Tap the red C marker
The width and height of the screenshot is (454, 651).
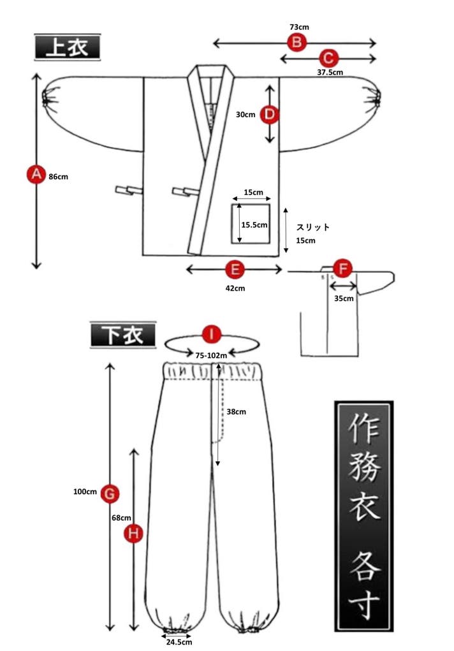[x=328, y=58]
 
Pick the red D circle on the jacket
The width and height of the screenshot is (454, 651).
[x=270, y=115]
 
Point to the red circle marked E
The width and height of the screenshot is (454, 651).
[x=235, y=270]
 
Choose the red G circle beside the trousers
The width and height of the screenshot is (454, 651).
[x=110, y=493]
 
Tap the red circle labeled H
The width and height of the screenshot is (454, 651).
[x=133, y=534]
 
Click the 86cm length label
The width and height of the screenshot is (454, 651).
[x=58, y=177]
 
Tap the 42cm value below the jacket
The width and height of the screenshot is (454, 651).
[x=235, y=288]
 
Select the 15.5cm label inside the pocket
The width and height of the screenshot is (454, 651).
[x=254, y=224]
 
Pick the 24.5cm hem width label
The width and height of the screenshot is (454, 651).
[x=179, y=642]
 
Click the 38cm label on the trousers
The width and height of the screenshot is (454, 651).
[x=236, y=411]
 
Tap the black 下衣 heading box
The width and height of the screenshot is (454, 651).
[x=122, y=335]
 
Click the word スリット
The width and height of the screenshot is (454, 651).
[x=313, y=227]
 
